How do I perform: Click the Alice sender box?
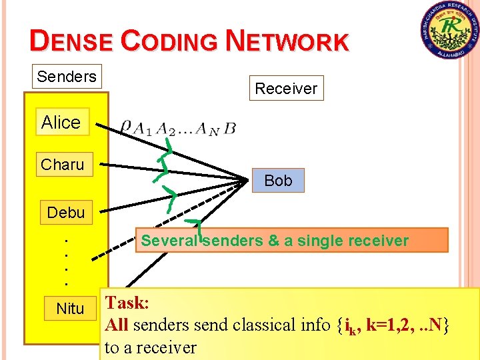61,122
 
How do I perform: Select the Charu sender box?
63,164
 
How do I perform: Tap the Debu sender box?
66,213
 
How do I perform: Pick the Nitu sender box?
70,309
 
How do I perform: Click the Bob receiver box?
278,181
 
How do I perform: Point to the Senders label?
67,77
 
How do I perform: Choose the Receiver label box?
287,88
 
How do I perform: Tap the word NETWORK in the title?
287,41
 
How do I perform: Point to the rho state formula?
178,127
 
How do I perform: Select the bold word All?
117,325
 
